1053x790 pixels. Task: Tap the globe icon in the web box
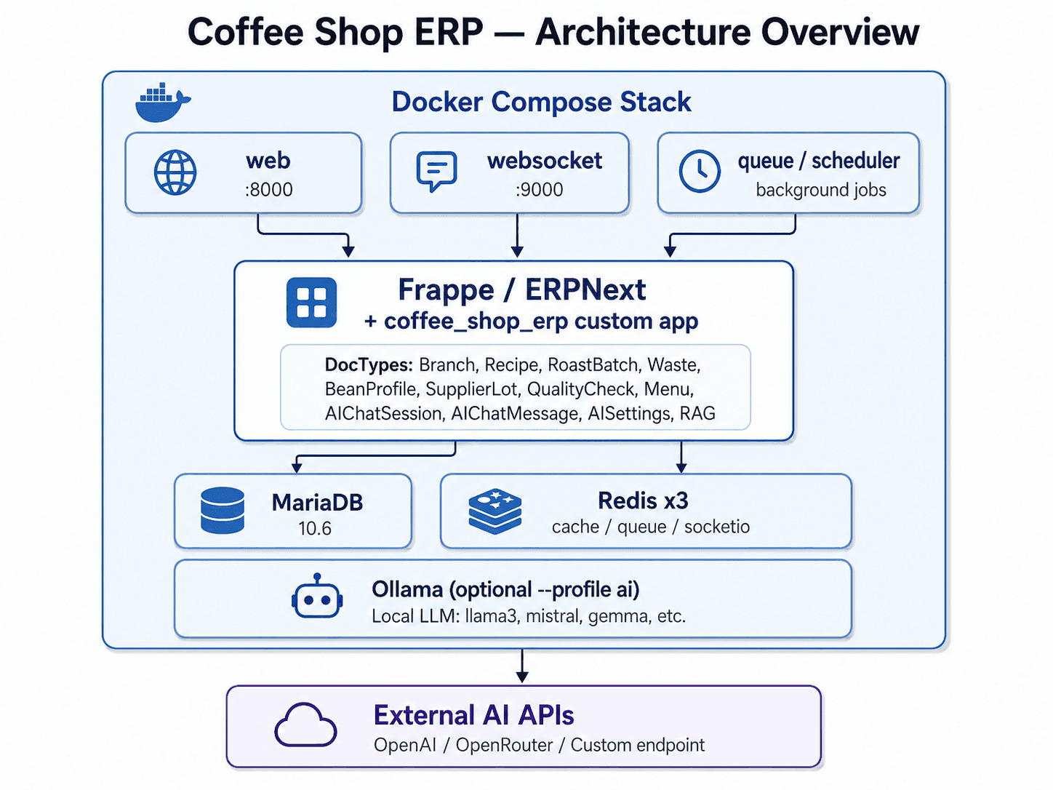[175, 172]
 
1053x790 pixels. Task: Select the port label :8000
[268, 190]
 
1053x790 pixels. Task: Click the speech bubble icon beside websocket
[436, 172]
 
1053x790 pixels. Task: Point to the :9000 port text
[539, 190]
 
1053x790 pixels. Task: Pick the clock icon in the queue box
[700, 171]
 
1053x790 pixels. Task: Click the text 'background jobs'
[821, 190]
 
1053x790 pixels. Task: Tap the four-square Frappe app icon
[311, 303]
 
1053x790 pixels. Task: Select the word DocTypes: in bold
[369, 365]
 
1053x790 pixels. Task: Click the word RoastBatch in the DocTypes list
[593, 365]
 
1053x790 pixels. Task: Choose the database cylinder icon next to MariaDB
[223, 511]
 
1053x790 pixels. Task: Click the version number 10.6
[315, 529]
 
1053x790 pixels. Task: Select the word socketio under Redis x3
[717, 527]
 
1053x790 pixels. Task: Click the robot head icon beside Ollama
[317, 596]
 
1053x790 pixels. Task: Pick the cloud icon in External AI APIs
[305, 725]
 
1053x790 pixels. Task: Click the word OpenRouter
[504, 746]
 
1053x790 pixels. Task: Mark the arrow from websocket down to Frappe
[517, 236]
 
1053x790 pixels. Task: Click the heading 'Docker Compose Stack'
[541, 102]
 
